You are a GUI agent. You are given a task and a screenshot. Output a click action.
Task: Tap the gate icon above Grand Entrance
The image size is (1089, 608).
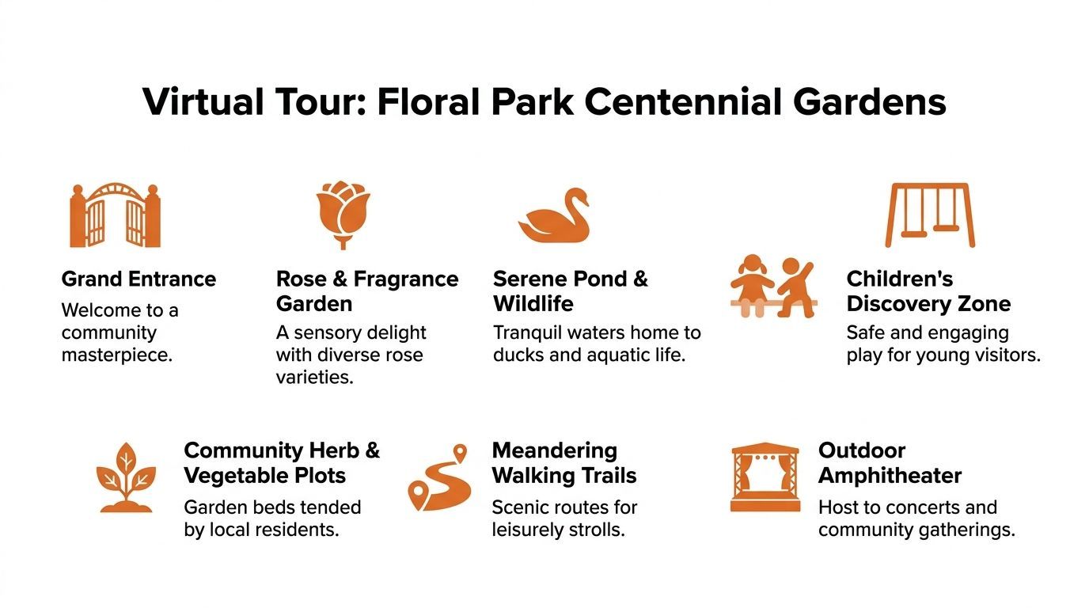click(x=116, y=215)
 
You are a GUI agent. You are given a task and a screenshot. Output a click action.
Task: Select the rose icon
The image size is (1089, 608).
click(x=343, y=215)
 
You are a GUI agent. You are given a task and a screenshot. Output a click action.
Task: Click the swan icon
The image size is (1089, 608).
click(x=554, y=215)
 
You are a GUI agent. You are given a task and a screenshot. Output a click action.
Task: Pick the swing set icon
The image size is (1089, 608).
click(x=930, y=215)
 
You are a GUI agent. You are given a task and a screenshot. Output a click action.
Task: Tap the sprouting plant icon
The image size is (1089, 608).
click(x=126, y=477)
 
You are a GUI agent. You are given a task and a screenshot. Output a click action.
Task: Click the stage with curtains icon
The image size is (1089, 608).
click(x=765, y=477)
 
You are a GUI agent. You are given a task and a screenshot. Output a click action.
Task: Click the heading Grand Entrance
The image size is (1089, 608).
click(x=138, y=279)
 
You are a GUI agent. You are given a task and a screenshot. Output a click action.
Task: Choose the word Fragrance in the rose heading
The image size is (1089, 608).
click(x=406, y=279)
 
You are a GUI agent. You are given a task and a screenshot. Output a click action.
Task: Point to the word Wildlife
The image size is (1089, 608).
click(x=533, y=304)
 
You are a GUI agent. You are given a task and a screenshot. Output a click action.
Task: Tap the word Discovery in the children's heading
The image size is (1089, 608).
click(x=897, y=304)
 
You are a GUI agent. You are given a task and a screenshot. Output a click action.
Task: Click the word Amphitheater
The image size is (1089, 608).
click(x=890, y=475)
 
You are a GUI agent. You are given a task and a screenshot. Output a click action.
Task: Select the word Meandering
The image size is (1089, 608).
click(x=555, y=451)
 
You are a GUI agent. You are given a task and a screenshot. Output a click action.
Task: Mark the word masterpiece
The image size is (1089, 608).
click(x=117, y=355)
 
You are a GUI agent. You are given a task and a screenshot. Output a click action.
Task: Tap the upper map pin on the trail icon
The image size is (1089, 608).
click(x=459, y=452)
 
